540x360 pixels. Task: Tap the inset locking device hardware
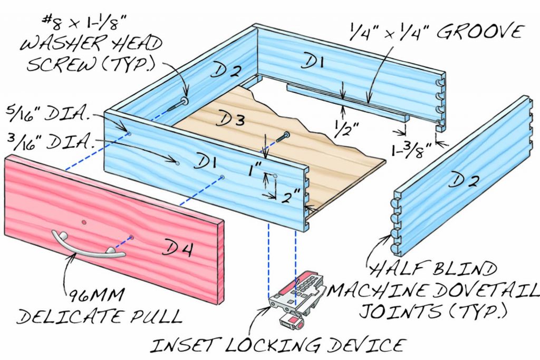click(x=295, y=300)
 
